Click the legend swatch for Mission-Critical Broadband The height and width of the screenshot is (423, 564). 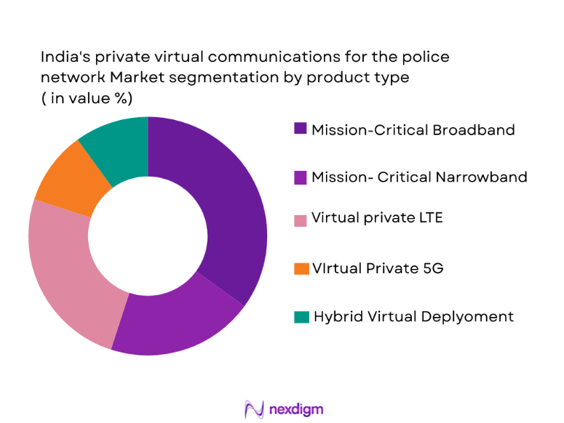tap(300, 129)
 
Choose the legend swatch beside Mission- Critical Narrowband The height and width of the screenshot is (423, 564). tap(300, 177)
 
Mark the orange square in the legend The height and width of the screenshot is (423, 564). tap(300, 268)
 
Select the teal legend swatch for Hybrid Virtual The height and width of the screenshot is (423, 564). tap(300, 316)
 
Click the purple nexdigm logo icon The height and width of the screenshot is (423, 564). tap(253, 408)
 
